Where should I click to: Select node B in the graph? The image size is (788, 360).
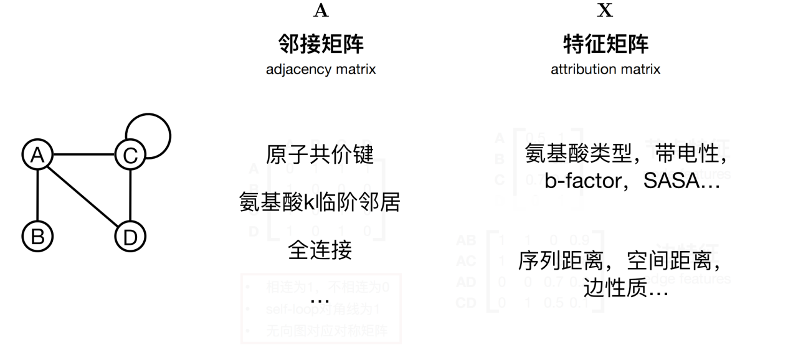(38, 236)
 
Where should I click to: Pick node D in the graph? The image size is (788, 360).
(130, 236)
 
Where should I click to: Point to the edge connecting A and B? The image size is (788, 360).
(38, 196)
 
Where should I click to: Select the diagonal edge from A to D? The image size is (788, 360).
(84, 196)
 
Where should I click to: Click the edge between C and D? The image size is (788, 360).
(130, 196)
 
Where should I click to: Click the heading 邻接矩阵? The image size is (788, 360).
(320, 44)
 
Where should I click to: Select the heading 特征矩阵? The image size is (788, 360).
(605, 44)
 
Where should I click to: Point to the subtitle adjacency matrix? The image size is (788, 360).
(320, 70)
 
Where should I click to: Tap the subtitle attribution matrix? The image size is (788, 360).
(605, 70)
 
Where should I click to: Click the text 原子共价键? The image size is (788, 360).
(320, 155)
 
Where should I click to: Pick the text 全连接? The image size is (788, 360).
(320, 249)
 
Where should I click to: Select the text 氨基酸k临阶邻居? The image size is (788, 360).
(320, 202)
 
